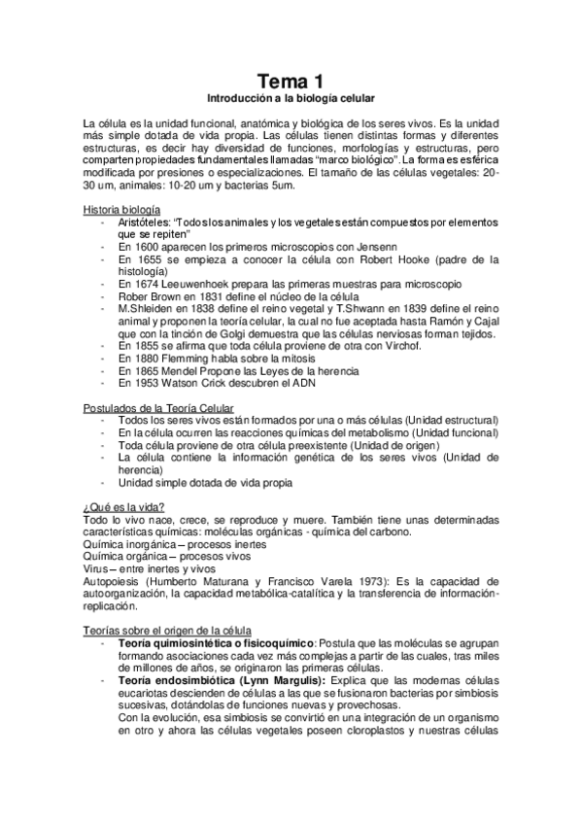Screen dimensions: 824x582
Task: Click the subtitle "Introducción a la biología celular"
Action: (x=291, y=99)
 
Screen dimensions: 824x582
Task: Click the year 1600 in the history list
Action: (x=144, y=247)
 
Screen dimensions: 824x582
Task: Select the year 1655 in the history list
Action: (x=144, y=259)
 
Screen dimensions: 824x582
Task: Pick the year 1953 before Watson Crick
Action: (x=144, y=383)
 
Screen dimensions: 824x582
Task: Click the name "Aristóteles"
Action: (x=146, y=223)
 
